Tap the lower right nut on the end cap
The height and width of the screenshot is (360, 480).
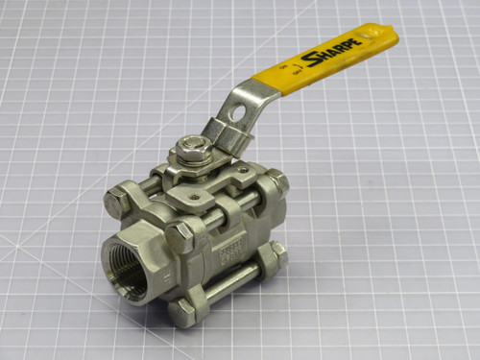click(x=277, y=253)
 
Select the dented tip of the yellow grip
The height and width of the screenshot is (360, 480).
click(x=387, y=36)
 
